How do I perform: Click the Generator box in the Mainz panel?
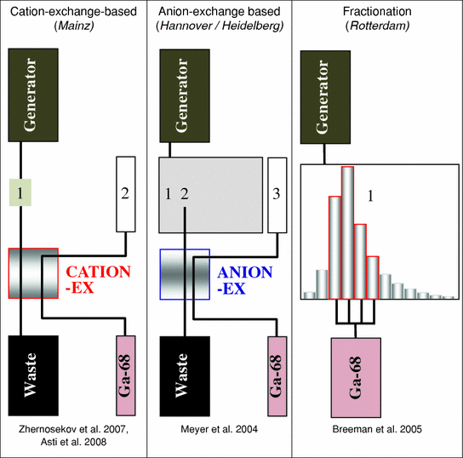33,94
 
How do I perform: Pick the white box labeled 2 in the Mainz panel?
126,195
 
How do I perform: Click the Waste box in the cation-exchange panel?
33,373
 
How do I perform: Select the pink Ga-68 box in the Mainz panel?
126,373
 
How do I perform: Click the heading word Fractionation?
375,12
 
